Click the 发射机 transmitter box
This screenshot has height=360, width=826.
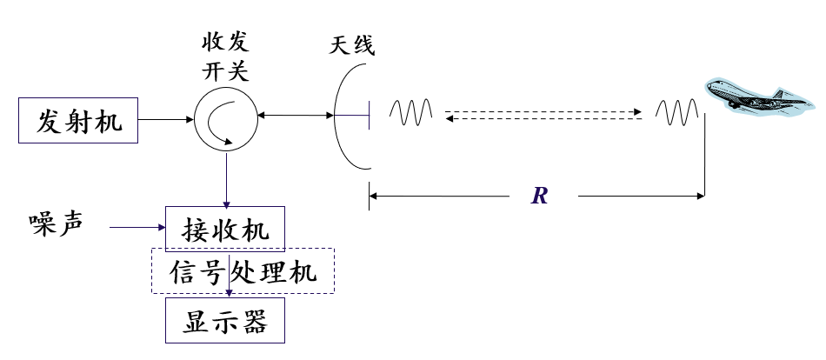[77, 119]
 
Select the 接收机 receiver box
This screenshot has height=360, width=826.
[225, 230]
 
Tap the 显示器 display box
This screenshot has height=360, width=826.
[225, 321]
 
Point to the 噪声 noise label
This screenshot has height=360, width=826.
[56, 223]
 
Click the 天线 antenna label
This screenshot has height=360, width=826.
[352, 46]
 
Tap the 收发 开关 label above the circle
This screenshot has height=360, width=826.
[225, 55]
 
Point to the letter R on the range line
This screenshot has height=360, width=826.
[540, 197]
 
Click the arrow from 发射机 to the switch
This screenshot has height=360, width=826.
[165, 119]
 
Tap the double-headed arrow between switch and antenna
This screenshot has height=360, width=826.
[295, 115]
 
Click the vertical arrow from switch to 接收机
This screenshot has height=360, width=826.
[226, 178]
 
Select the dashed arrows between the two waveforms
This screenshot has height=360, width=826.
[543, 116]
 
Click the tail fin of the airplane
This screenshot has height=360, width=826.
[780, 93]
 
